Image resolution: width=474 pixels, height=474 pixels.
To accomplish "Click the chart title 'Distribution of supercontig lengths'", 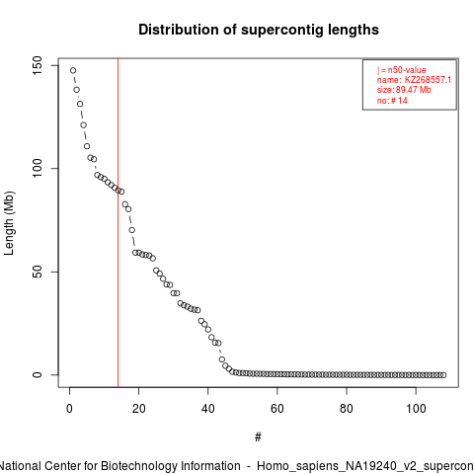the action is pyautogui.click(x=259, y=30).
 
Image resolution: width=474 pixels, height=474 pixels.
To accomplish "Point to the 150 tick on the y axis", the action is pyautogui.click(x=38, y=65).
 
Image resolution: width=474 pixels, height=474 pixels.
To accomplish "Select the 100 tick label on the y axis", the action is pyautogui.click(x=38, y=168).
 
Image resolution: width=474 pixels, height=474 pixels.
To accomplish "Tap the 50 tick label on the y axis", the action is pyautogui.click(x=38, y=272).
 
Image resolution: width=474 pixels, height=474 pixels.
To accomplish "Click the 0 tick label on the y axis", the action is pyautogui.click(x=38, y=374).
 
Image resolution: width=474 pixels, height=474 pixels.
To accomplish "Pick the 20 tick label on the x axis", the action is pyautogui.click(x=138, y=409).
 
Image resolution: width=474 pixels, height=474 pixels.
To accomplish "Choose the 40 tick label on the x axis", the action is pyautogui.click(x=208, y=409).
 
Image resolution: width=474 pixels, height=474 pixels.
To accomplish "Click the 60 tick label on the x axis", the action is pyautogui.click(x=277, y=409).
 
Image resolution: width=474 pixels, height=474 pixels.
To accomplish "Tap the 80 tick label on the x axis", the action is pyautogui.click(x=347, y=409).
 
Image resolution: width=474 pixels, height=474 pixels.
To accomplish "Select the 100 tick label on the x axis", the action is pyautogui.click(x=416, y=409).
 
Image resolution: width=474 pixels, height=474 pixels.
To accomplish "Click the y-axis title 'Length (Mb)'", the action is pyautogui.click(x=9, y=223).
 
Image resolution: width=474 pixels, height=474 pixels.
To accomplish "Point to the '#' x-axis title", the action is pyautogui.click(x=258, y=437).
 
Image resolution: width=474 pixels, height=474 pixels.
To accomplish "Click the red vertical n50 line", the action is pyautogui.click(x=118, y=222).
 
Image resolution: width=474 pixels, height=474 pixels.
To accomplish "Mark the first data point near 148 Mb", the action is pyautogui.click(x=73, y=70).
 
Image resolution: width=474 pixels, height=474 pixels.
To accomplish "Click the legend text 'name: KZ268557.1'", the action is pyautogui.click(x=414, y=80).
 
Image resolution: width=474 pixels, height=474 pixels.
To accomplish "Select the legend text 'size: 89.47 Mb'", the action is pyautogui.click(x=404, y=90).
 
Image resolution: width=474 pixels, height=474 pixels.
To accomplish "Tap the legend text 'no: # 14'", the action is pyautogui.click(x=392, y=100).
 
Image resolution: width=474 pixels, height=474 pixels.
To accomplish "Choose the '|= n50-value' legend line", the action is pyautogui.click(x=402, y=70).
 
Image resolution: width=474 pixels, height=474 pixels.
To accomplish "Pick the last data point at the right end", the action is pyautogui.click(x=443, y=375).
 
